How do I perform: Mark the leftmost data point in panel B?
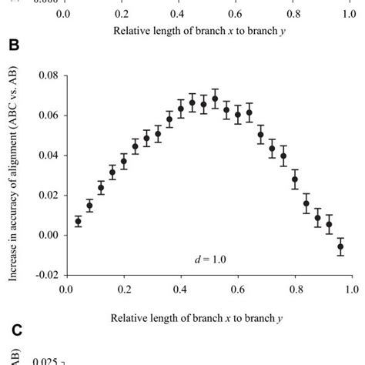click(x=78, y=222)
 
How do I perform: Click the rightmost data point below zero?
click(x=340, y=247)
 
